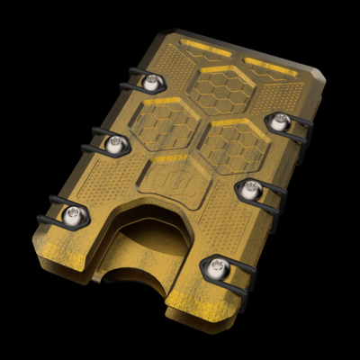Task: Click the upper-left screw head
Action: pyautogui.click(x=150, y=82)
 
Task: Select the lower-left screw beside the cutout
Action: pyautogui.click(x=73, y=214)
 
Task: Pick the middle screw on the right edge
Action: pyautogui.click(x=251, y=189)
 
